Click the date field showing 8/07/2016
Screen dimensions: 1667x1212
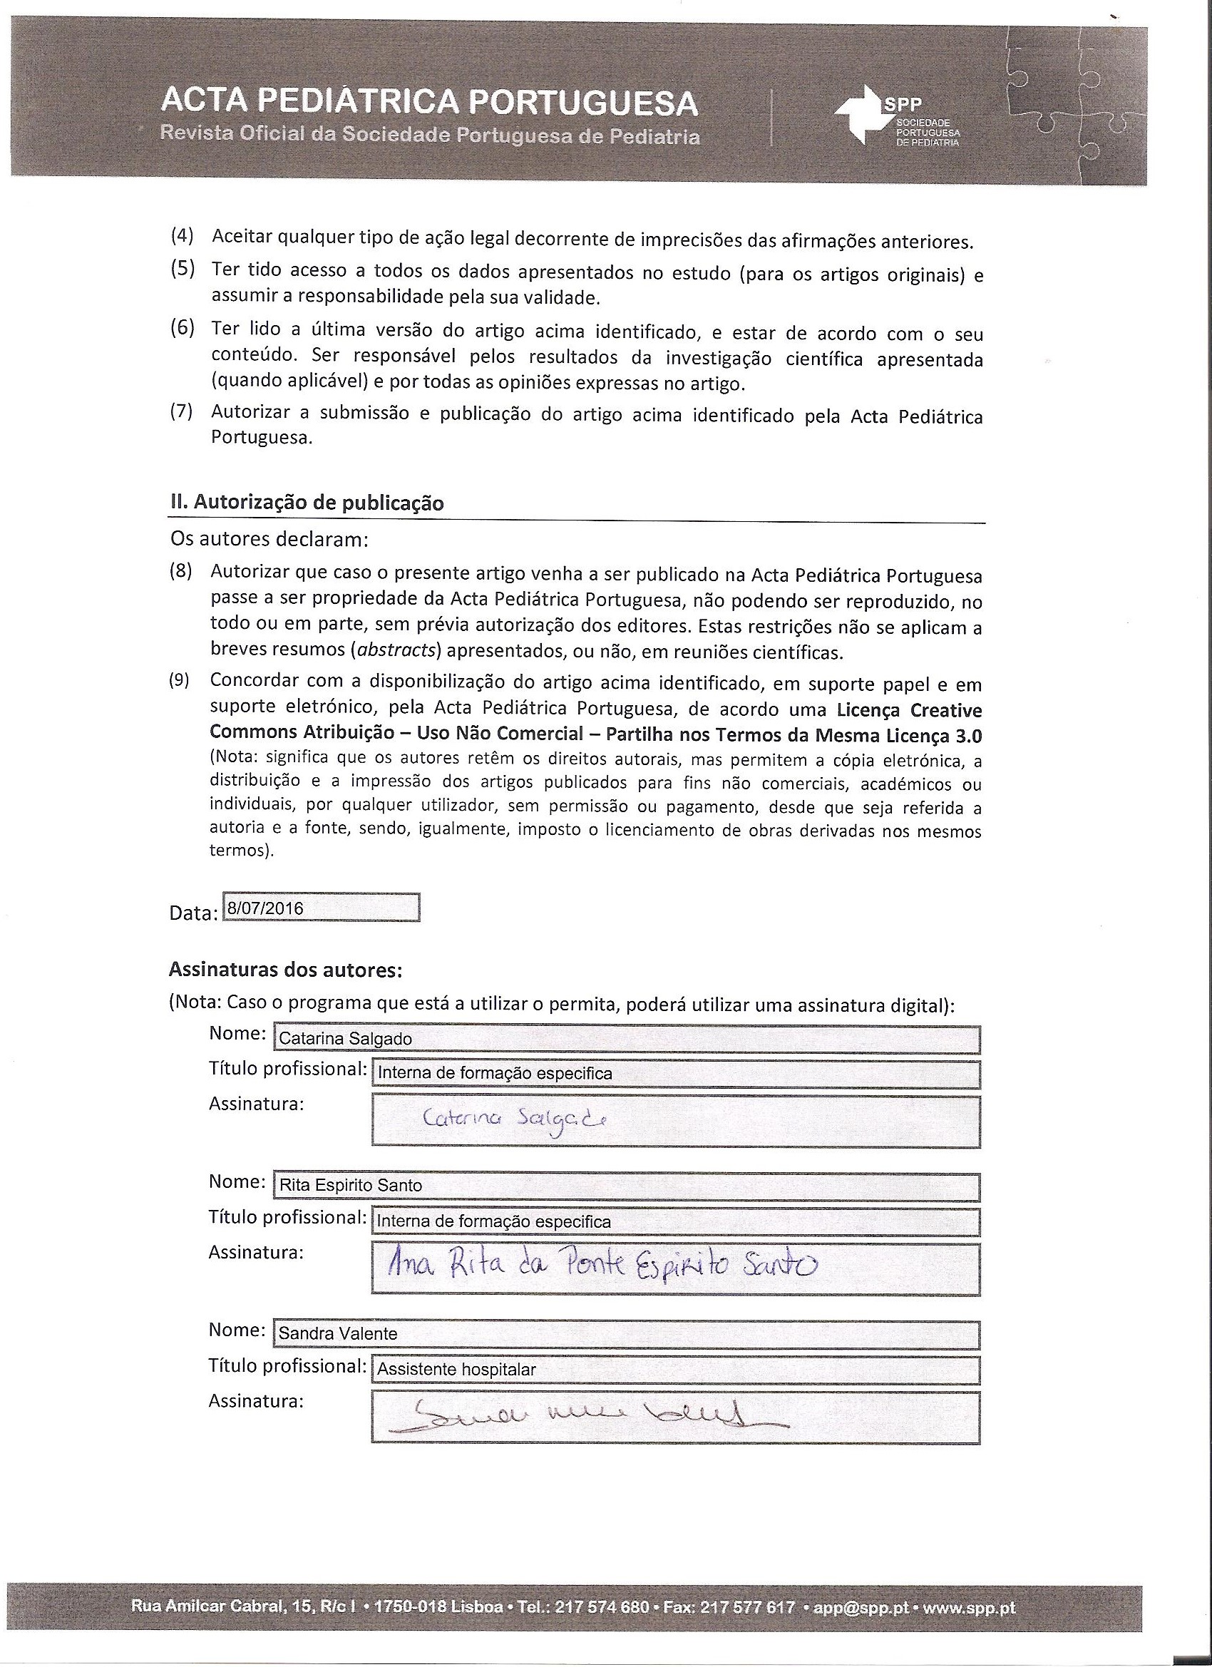[x=320, y=908]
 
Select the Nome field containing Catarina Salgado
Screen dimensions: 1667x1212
[x=626, y=1039]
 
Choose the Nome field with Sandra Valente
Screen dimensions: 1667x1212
[x=626, y=1334]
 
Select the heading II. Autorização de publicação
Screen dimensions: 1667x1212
[x=307, y=503]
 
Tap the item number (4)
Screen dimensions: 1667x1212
[x=183, y=237]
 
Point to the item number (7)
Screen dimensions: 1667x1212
[x=183, y=411]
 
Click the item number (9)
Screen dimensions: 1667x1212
[x=180, y=681]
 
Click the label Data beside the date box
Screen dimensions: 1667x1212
[x=192, y=913]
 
